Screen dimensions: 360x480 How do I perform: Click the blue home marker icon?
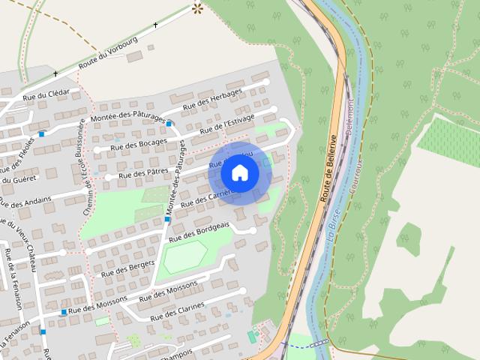[x=239, y=172]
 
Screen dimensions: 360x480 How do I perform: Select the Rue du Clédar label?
[x=46, y=94]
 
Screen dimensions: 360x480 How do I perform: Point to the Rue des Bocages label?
[x=139, y=145]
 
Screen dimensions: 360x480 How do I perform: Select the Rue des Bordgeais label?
[x=199, y=233]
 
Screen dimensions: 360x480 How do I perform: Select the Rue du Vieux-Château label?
[x=22, y=244]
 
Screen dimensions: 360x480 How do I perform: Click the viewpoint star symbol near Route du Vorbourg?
[x=198, y=9]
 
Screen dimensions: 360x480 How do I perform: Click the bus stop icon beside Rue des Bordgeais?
[x=167, y=220]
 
